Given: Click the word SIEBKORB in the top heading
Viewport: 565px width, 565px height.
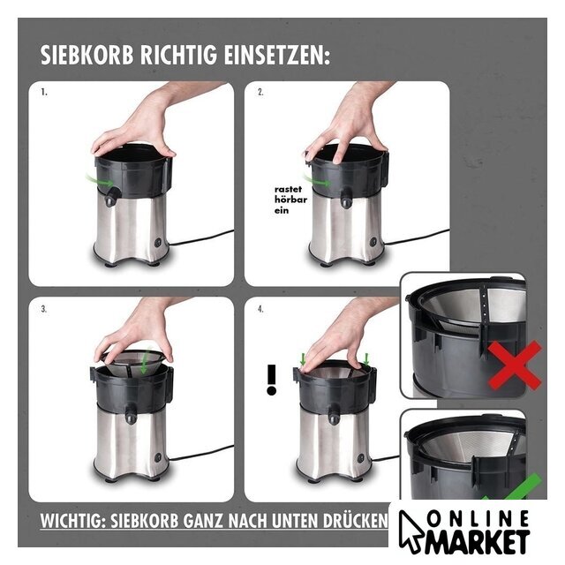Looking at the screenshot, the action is pos(87,55).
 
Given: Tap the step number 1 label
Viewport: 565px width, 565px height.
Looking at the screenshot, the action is pos(44,92).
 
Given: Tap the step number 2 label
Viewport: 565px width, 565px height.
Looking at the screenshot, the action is pos(260,92).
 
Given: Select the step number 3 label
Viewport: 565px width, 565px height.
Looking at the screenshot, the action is pos(44,309).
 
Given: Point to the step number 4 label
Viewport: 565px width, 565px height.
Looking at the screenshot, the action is pos(260,309).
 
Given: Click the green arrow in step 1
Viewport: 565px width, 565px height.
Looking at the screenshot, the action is pos(99,180).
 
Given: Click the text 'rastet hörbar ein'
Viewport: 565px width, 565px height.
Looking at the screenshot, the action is pos(290,200).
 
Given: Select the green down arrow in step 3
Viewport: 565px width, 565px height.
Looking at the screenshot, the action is pos(145,363).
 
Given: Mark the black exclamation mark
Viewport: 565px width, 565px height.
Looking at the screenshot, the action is pos(271,380).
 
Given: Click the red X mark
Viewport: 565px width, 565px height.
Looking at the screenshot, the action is pos(515,365).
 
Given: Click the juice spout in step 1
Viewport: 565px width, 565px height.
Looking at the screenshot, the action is pos(110,196).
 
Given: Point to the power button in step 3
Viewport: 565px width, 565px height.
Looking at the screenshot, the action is pos(158,457).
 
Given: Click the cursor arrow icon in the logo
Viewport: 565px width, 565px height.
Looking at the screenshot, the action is pos(411,530).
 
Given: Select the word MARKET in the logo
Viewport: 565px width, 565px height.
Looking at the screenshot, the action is pos(478,541).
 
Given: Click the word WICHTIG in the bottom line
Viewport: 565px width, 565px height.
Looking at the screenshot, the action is pos(72,521).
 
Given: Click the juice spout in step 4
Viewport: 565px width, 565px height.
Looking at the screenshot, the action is pos(334,414).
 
